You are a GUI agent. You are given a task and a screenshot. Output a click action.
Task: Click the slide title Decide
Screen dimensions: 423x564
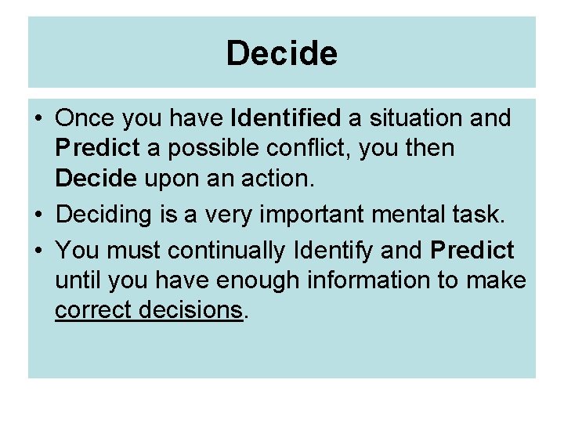[282, 54]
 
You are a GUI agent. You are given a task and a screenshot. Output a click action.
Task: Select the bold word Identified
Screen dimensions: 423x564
[287, 118]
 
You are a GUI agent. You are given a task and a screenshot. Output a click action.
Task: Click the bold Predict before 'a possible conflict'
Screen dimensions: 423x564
[97, 148]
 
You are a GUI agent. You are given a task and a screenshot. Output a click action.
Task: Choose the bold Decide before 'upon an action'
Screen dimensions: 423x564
[94, 178]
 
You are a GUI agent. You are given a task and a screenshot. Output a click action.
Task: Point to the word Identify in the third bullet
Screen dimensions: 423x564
[335, 251]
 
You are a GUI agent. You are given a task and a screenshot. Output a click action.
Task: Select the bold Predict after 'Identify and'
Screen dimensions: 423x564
[472, 251]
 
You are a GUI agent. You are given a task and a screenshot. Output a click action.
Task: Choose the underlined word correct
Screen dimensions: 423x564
[93, 309]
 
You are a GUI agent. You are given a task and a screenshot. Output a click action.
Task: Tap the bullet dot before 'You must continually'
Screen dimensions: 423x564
[38, 251]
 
